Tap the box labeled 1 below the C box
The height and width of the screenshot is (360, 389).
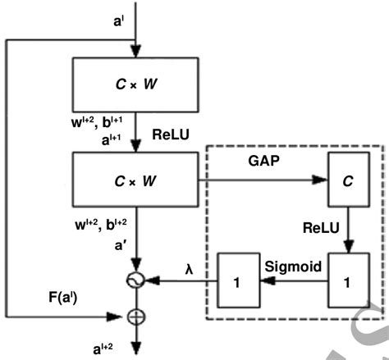click(x=345, y=280)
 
